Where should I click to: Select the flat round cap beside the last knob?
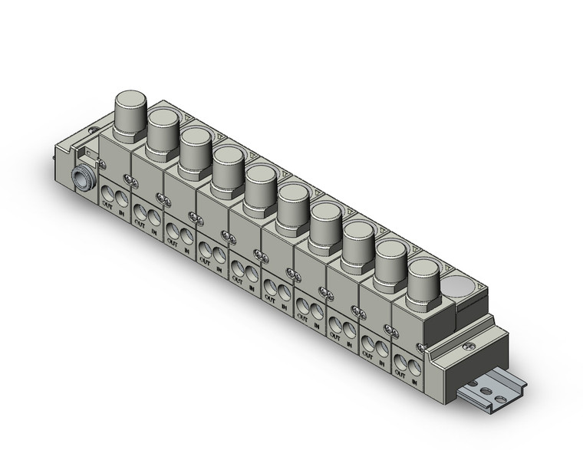[459, 287]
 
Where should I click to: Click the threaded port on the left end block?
[81, 178]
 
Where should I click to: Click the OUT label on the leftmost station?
[108, 204]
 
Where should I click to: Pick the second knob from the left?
[163, 130]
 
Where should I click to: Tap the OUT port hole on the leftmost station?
[110, 191]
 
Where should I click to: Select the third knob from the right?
[357, 242]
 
